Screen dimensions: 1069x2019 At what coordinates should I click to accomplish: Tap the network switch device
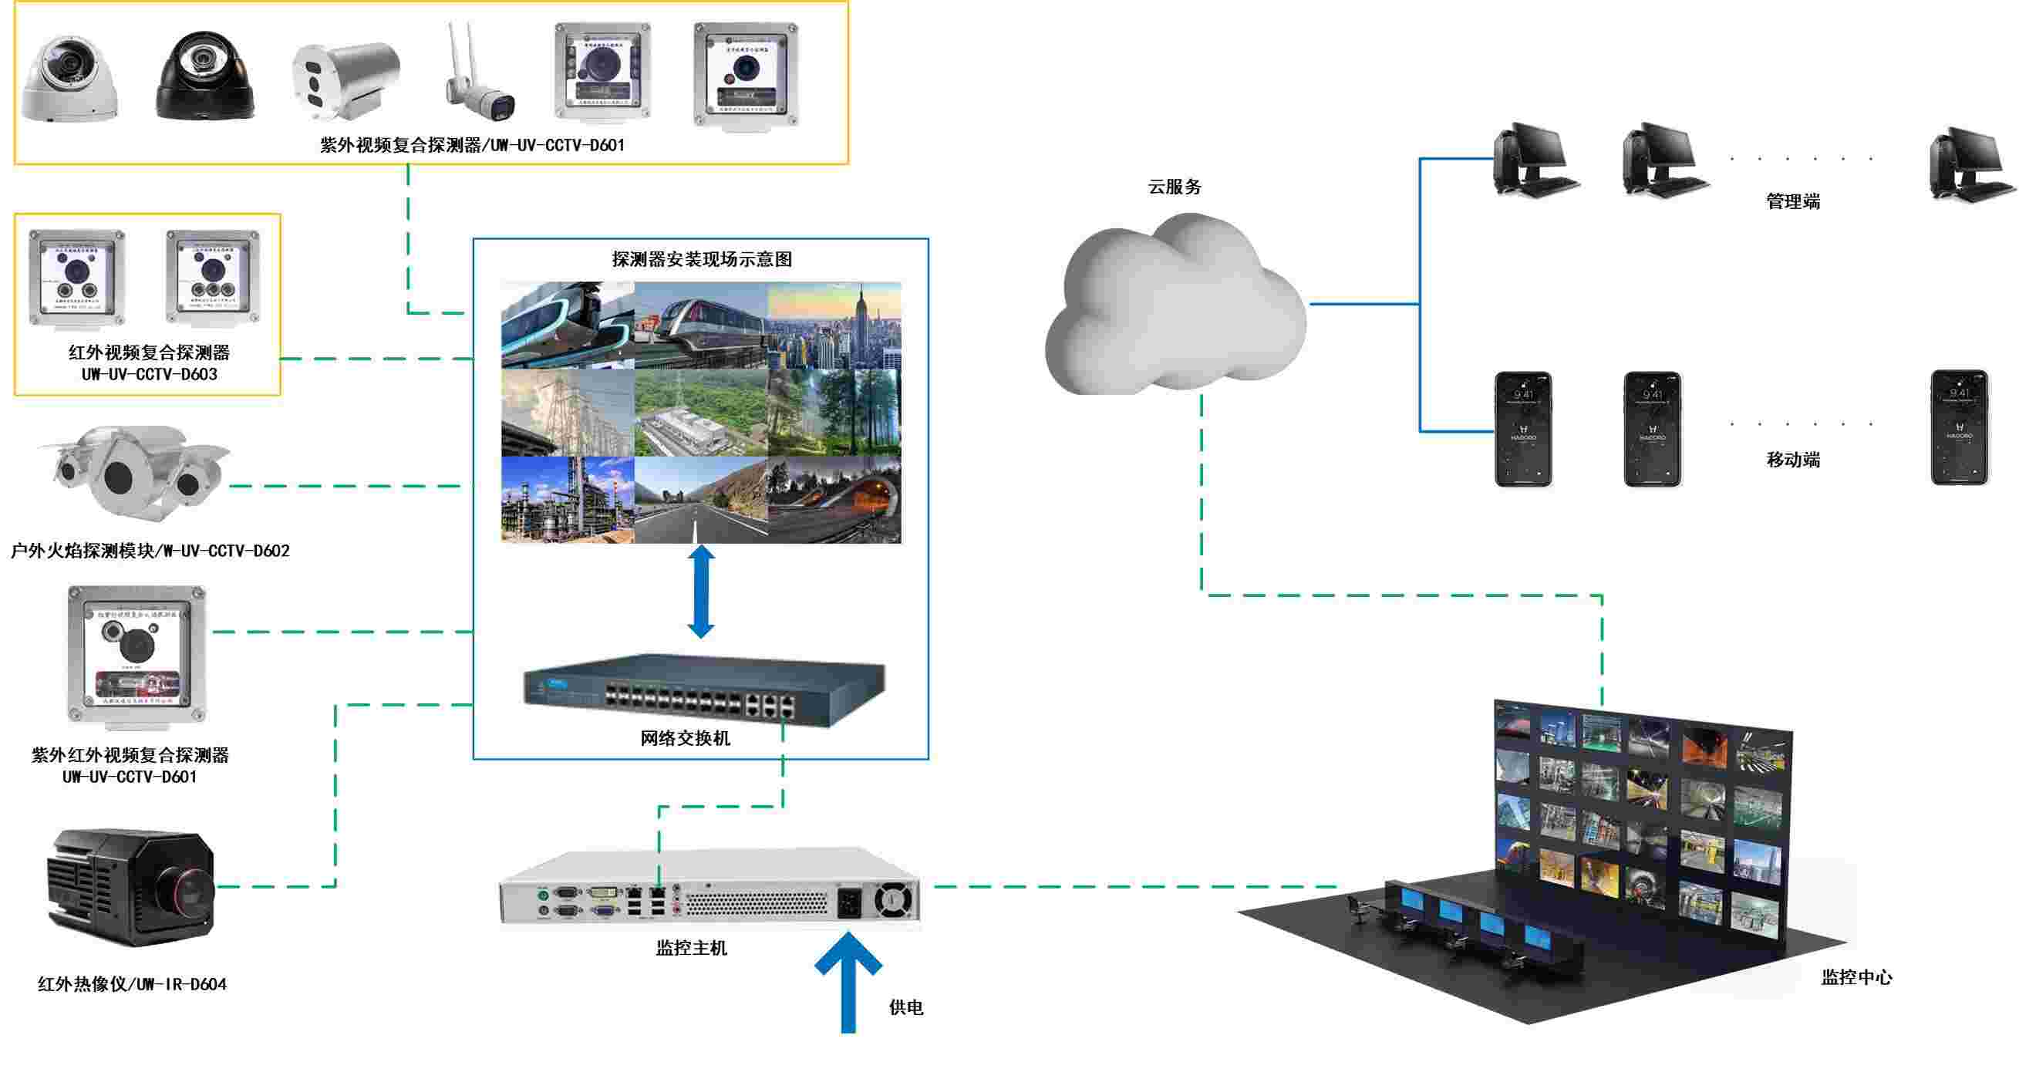(703, 690)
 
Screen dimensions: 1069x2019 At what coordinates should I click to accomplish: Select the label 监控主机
(691, 949)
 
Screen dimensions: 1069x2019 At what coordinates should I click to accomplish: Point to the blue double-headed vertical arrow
(701, 592)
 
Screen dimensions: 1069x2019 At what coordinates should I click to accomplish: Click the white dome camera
(69, 79)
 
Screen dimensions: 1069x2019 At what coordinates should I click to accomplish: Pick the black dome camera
(205, 76)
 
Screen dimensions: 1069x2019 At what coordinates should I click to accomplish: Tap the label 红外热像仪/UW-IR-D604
(133, 984)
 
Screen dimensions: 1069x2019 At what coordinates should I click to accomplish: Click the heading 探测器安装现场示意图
(702, 259)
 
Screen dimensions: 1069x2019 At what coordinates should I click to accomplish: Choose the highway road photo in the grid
(700, 500)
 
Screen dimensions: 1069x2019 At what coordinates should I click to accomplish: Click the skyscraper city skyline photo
(834, 325)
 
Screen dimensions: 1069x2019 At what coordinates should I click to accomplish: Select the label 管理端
(1792, 201)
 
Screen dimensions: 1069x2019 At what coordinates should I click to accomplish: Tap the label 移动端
(1792, 460)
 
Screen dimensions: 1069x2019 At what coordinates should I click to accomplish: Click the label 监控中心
(1856, 977)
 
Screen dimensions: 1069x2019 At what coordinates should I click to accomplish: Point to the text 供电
(906, 1008)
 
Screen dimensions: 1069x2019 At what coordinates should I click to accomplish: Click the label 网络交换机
(685, 738)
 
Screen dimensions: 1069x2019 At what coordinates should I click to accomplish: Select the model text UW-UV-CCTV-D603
(149, 375)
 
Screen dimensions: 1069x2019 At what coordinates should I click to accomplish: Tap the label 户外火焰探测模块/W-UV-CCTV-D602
(150, 551)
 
